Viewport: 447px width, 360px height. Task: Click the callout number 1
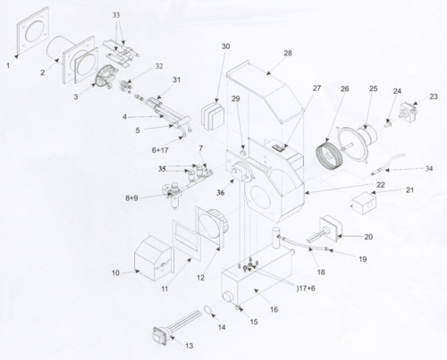coord(8,65)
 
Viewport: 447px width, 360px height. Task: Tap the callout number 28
coord(288,54)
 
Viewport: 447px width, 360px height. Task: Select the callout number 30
coord(225,46)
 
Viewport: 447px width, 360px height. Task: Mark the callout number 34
coord(429,167)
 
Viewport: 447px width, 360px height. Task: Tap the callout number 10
coord(116,271)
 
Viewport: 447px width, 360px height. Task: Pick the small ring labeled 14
coord(207,312)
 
